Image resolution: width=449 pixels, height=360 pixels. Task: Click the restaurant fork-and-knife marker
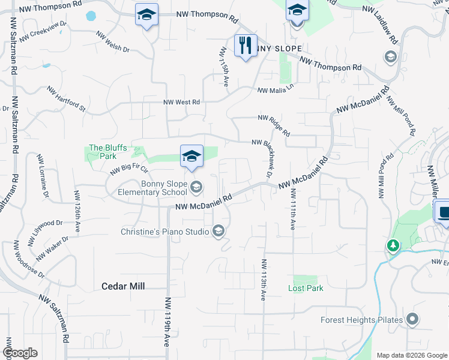click(245, 46)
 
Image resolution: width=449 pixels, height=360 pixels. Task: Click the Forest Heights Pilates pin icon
click(412, 320)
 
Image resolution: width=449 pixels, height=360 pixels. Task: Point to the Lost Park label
click(306, 289)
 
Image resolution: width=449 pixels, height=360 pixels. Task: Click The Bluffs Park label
click(102, 151)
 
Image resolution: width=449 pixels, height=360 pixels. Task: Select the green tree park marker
click(393, 245)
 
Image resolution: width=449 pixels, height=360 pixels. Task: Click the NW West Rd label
click(181, 103)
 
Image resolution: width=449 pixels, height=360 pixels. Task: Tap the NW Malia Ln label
click(277, 89)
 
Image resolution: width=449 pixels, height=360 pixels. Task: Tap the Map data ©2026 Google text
click(412, 355)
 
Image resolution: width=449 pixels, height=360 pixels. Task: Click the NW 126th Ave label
click(77, 211)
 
